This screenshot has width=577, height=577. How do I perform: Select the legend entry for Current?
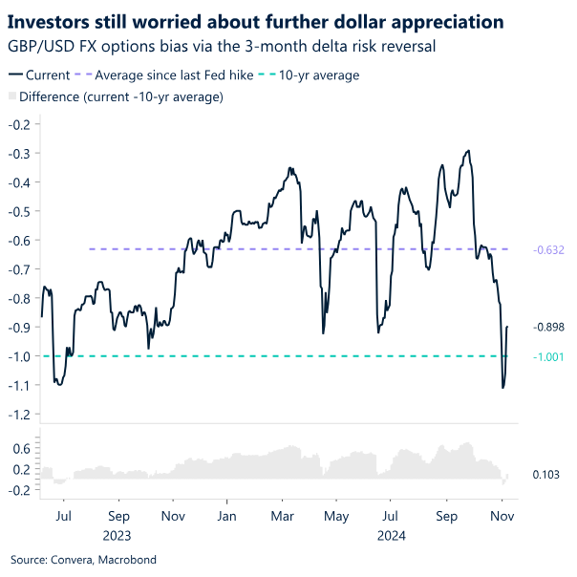[x=43, y=75]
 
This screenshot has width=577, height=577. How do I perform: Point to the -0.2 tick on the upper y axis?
[x=20, y=124]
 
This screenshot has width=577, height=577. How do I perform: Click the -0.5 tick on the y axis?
[x=20, y=211]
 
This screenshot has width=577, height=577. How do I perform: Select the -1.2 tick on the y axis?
[x=20, y=414]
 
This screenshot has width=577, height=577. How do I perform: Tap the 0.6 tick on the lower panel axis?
[x=22, y=447]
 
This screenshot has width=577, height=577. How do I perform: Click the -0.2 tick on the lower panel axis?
[x=20, y=490]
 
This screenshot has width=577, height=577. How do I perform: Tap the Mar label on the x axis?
[x=282, y=515]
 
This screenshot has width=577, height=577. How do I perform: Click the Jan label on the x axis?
[x=227, y=515]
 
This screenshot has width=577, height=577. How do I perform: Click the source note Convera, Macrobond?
[x=83, y=560]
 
